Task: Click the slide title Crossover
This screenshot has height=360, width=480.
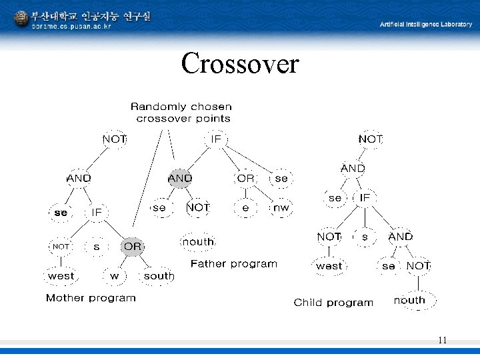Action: (x=240, y=64)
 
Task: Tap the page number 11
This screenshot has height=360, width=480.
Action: (x=442, y=340)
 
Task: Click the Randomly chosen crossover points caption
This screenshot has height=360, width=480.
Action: (x=182, y=113)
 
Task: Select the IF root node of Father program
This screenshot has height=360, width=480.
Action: (x=215, y=139)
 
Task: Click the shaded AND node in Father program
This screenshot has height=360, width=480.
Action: (x=180, y=178)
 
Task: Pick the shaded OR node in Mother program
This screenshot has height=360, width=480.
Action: (x=133, y=246)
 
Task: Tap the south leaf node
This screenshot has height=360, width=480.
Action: (x=159, y=275)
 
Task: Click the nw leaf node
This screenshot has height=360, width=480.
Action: (x=281, y=208)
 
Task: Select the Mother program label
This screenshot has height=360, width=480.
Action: (x=91, y=298)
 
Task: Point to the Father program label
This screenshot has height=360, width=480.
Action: (x=233, y=264)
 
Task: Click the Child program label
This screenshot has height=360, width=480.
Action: (x=333, y=303)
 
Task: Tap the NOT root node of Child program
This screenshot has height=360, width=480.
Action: (x=371, y=139)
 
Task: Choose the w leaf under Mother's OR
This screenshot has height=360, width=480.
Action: (x=115, y=275)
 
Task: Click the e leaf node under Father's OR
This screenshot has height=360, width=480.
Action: (x=245, y=208)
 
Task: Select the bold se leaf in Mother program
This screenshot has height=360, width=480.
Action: (x=61, y=213)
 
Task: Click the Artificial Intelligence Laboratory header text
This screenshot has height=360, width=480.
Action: (x=425, y=24)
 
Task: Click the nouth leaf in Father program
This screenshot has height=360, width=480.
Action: (x=198, y=241)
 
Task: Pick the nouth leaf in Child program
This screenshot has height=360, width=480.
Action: (x=409, y=300)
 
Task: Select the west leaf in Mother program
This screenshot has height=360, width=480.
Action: (x=61, y=275)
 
